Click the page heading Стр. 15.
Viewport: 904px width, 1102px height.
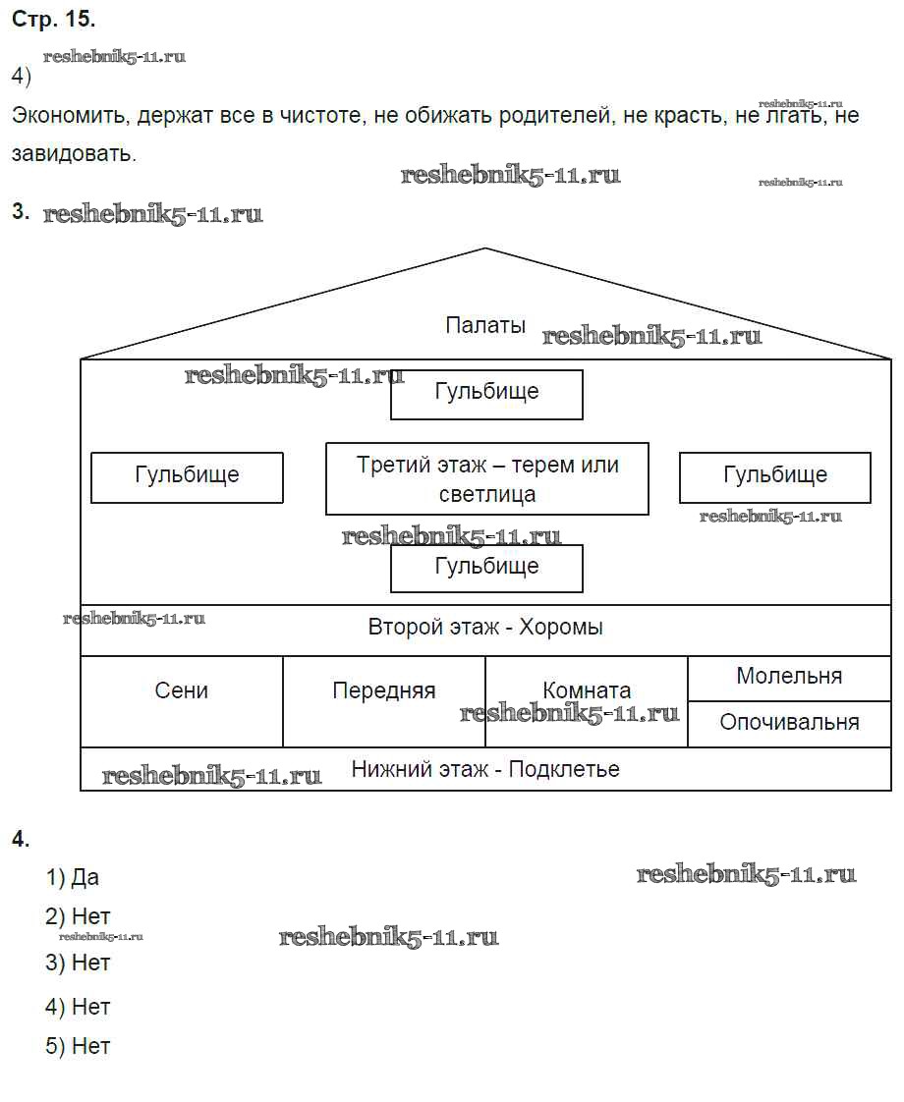53,19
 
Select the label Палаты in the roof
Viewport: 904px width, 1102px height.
485,326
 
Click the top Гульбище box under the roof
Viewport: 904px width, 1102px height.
486,393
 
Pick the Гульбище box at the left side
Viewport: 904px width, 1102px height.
187,476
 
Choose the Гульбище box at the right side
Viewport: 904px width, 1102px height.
774,476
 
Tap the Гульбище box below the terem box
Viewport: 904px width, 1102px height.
486,568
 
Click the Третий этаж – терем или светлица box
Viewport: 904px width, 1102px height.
487,478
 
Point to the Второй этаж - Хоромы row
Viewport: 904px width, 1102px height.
485,628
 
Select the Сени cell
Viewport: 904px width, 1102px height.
182,691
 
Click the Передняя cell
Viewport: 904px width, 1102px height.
383,691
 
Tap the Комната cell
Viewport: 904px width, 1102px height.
587,691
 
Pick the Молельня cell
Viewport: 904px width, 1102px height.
789,677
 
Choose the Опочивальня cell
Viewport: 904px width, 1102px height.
789,723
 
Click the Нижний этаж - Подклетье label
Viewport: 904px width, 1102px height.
485,769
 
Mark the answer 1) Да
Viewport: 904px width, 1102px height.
73,877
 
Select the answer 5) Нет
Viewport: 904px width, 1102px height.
78,1047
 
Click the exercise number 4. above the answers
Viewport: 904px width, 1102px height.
21,839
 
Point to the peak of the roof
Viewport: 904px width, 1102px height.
485,249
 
